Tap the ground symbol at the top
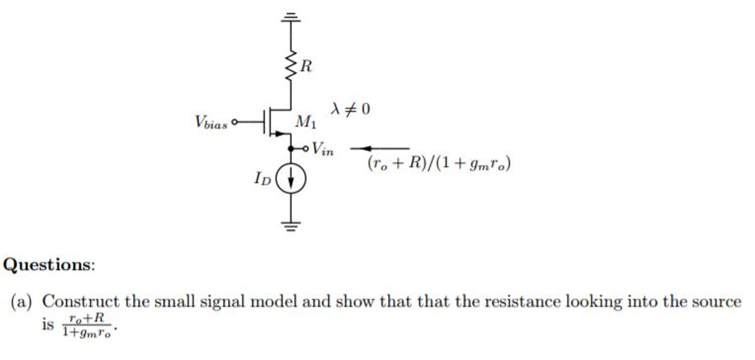click(291, 17)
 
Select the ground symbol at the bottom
click(291, 225)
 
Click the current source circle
click(291, 178)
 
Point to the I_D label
click(262, 179)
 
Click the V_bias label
click(211, 122)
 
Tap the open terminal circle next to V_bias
click(234, 122)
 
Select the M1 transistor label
click(306, 122)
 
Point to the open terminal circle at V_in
click(305, 148)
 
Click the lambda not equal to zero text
click(350, 109)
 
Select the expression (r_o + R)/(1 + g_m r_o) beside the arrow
click(439, 163)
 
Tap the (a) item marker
click(21, 302)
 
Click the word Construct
click(80, 302)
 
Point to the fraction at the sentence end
click(87, 325)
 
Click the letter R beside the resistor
click(306, 66)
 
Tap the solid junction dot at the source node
click(291, 148)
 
